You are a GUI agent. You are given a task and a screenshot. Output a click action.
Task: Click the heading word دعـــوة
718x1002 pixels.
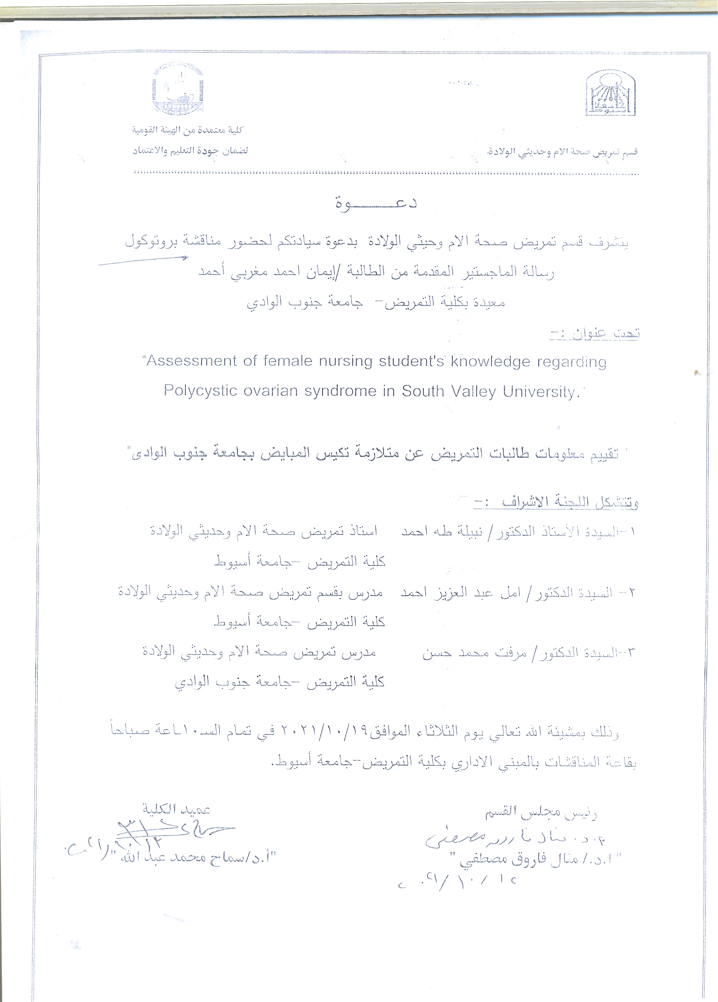(x=376, y=204)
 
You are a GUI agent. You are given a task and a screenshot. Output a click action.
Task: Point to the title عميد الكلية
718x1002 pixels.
(x=176, y=809)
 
